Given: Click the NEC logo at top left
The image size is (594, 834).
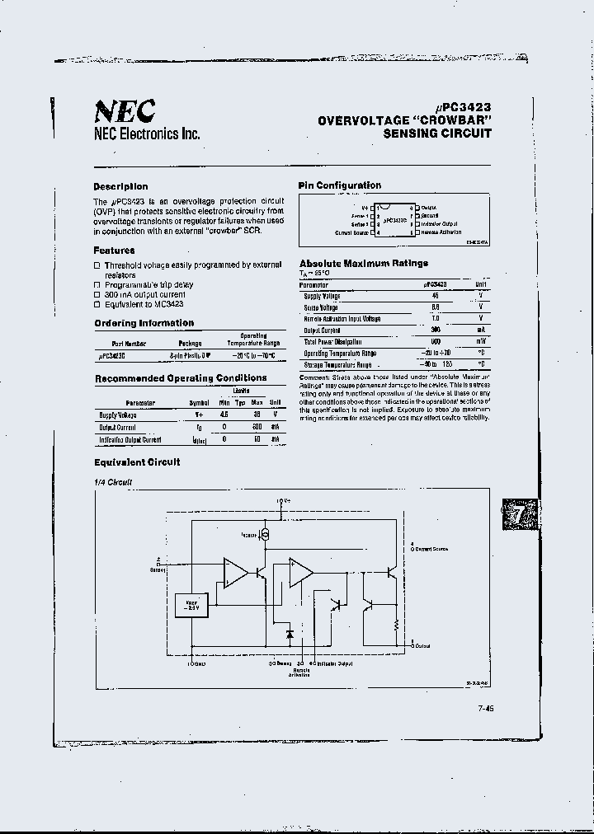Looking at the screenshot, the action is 124,110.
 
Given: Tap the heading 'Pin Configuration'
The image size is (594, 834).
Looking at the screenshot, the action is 340,185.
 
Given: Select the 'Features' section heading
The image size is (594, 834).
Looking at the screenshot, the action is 114,251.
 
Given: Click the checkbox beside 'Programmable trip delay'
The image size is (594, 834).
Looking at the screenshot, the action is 97,285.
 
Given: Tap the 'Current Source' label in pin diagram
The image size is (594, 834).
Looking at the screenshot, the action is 351,233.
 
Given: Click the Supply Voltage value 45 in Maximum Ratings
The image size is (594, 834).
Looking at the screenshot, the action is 435,295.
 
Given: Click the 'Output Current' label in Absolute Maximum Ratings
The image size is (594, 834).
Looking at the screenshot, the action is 322,330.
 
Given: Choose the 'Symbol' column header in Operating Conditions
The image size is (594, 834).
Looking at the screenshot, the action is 199,403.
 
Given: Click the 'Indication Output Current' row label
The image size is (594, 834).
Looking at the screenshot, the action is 130,440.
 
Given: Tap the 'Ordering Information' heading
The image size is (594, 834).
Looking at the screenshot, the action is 144,323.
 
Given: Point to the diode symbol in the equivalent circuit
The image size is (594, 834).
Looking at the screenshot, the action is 290,635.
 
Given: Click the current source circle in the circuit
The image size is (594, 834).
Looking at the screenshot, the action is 266,535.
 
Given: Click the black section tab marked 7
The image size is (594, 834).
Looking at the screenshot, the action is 521,516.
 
